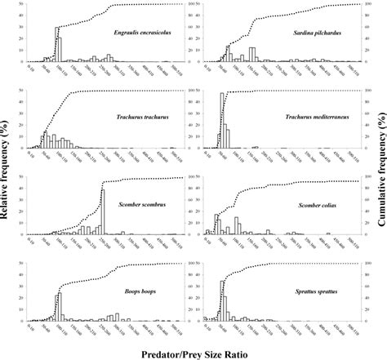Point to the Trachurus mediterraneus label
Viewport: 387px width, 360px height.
[318, 117]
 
